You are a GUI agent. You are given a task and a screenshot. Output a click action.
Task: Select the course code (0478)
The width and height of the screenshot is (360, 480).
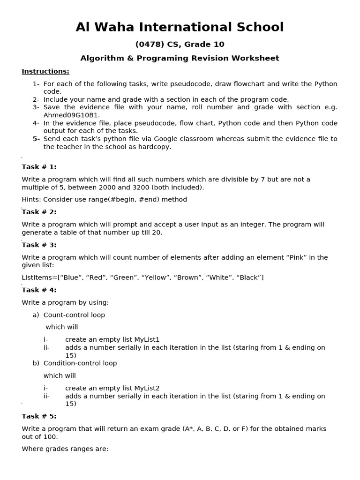148,45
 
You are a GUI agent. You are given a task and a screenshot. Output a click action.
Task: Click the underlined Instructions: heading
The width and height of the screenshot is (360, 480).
45,71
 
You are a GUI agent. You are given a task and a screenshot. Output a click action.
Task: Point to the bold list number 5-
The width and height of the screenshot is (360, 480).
36,139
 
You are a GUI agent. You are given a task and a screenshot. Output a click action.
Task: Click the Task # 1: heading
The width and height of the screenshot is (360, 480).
39,167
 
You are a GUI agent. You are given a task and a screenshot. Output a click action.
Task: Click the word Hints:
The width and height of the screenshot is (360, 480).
31,199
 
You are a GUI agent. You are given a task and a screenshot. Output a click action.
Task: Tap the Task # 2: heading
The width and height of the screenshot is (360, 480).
39,212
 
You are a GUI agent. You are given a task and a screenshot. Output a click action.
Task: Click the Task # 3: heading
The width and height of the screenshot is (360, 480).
39,245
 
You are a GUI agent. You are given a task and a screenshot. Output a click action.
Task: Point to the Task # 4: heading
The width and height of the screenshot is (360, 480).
39,290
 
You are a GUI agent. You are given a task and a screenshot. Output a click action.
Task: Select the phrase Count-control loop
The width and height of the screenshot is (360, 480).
74,315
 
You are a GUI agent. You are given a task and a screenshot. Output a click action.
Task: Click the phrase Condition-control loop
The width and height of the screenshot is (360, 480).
80,363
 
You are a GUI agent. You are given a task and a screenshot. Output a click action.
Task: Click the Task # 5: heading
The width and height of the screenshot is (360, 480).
39,416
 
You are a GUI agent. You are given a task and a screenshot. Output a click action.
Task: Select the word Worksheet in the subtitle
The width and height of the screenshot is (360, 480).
257,59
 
